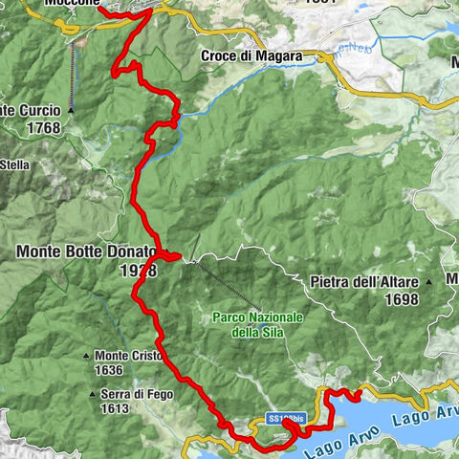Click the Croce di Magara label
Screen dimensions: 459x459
click(x=251, y=56)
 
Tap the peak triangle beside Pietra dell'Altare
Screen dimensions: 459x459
click(x=429, y=282)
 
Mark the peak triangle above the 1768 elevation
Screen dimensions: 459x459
click(x=70, y=111)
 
